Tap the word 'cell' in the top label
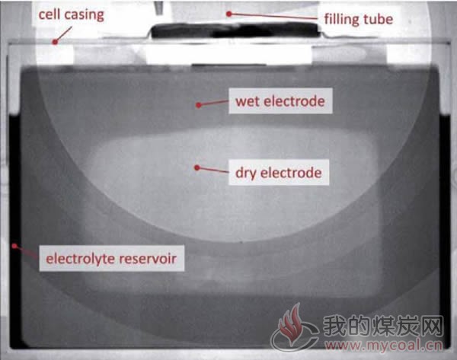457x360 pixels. tap(49, 14)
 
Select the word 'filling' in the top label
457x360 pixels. tap(342, 20)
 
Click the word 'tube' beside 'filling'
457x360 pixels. tap(379, 19)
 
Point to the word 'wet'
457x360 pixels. tap(247, 102)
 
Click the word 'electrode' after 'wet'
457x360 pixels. tap(293, 101)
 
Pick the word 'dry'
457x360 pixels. tap(246, 174)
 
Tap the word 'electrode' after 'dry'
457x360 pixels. tap(291, 173)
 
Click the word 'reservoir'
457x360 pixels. tap(148, 259)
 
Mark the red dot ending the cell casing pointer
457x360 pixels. tap(55, 42)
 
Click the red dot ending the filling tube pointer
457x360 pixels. tap(229, 14)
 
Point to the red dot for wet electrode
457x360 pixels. tap(199, 105)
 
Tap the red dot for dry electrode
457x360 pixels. tap(197, 167)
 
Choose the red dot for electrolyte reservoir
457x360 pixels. tap(14, 246)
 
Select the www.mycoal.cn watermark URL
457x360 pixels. tap(383, 346)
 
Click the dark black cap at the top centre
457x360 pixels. tap(235, 30)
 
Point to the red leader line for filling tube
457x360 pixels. tap(273, 16)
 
